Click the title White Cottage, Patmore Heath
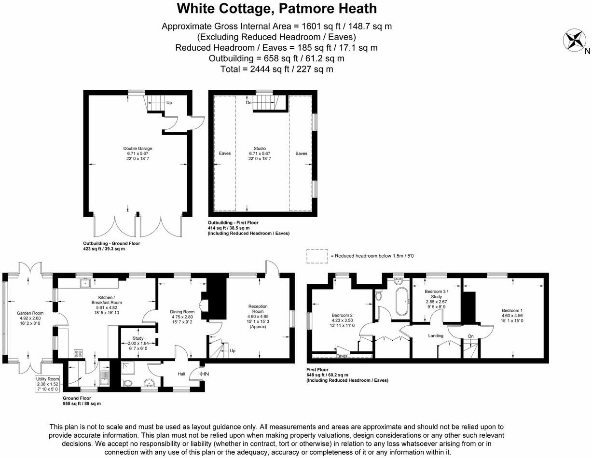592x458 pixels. click(x=276, y=9)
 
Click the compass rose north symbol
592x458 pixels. click(x=574, y=40)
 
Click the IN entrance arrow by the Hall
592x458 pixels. click(x=203, y=373)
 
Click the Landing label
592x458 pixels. click(x=436, y=335)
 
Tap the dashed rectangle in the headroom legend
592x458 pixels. click(x=316, y=256)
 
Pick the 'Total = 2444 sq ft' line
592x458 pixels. click(x=276, y=69)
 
